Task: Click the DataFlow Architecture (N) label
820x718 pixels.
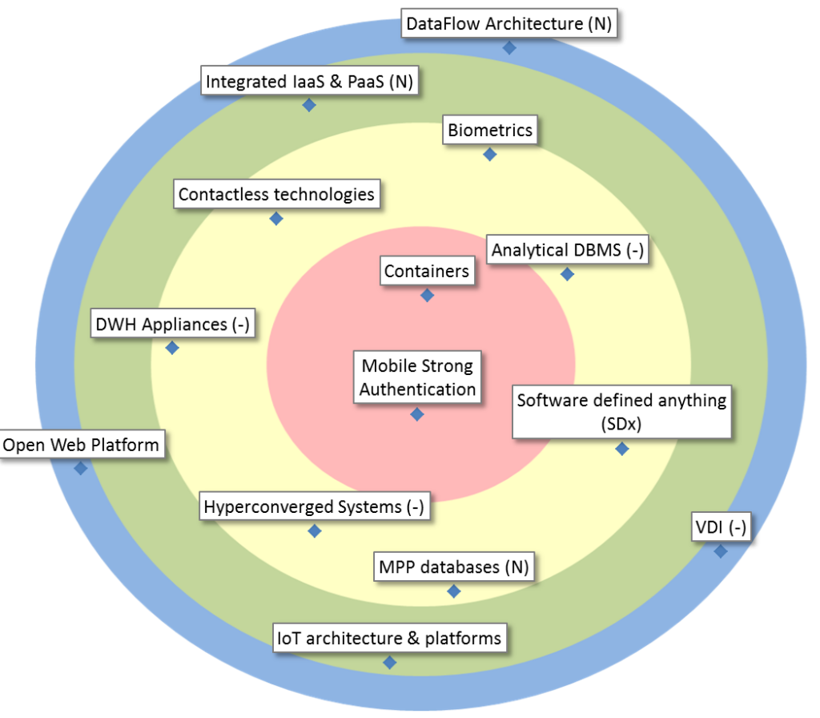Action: point(508,24)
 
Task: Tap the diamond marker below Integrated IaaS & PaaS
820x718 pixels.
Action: point(309,105)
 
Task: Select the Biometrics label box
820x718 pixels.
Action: point(489,130)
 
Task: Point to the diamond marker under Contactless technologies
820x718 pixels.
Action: point(276,218)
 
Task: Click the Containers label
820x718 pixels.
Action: point(426,272)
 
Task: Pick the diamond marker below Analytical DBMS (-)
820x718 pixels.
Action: point(567,274)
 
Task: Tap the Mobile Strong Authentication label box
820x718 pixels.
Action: point(417,377)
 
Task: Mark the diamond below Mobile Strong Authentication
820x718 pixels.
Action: point(417,414)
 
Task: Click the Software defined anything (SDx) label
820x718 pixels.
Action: point(621,411)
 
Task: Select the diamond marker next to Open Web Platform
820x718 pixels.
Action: point(80,468)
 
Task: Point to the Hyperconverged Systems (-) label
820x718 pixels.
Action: point(314,506)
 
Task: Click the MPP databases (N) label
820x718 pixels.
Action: point(453,567)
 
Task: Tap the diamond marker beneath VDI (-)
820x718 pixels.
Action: point(721,551)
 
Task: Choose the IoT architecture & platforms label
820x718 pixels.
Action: point(388,638)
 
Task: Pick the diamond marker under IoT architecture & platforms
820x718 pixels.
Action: point(390,663)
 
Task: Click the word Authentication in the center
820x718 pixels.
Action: point(417,389)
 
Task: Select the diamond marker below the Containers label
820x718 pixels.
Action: point(427,296)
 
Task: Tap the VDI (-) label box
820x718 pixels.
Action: point(719,527)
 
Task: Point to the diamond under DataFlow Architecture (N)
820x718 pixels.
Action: point(508,48)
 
